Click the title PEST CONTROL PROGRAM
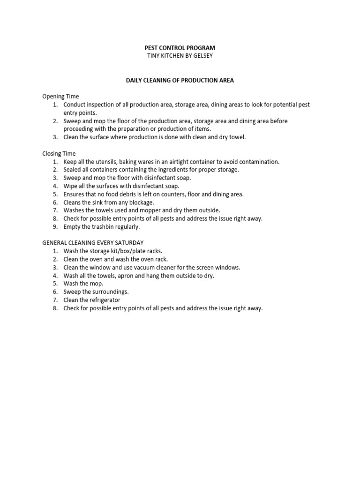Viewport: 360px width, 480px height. point(180,48)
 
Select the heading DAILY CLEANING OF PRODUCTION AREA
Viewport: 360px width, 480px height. point(180,80)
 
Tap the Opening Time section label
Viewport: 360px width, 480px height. point(60,97)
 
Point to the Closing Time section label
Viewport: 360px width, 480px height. point(59,153)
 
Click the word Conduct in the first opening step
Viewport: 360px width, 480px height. point(75,105)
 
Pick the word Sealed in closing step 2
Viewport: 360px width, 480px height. point(73,170)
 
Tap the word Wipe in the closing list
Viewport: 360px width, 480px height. point(71,186)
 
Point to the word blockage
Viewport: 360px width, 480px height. point(140,202)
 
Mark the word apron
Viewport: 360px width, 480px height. point(119,276)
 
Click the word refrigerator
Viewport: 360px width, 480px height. point(104,300)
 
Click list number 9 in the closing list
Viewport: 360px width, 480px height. point(54,226)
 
